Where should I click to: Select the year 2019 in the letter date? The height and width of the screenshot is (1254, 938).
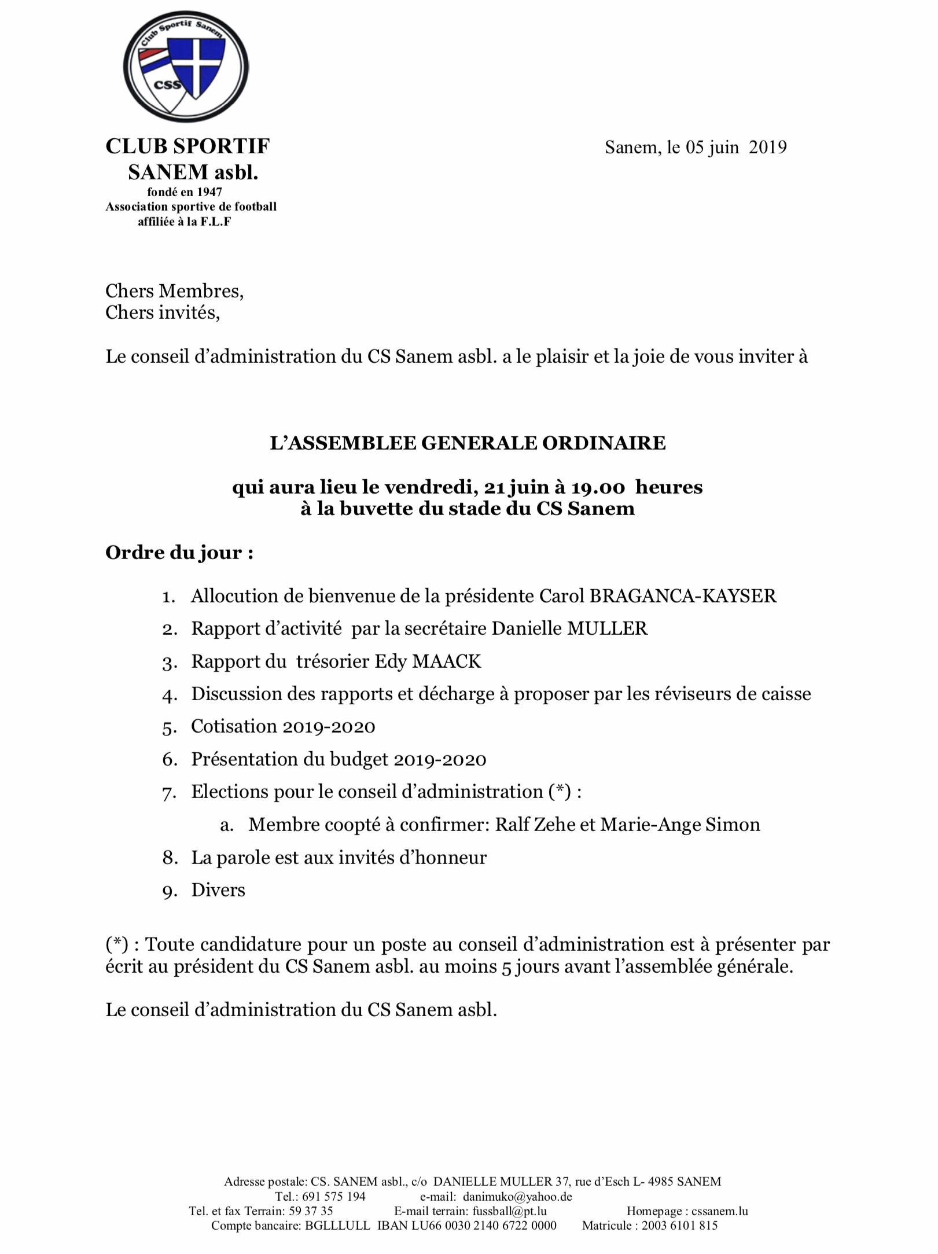click(767, 148)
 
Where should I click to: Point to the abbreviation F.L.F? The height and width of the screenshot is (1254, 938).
click(216, 222)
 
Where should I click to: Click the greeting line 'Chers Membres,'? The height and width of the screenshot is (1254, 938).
click(174, 291)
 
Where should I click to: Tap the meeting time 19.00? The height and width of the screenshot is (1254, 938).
click(598, 487)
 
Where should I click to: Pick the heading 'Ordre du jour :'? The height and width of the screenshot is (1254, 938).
click(179, 553)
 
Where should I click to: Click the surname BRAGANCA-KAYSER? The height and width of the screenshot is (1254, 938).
click(682, 596)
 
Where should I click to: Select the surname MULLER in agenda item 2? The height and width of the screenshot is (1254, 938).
click(607, 629)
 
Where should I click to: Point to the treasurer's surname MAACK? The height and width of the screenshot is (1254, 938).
click(446, 661)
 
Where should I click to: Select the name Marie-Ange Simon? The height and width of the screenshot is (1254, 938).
click(680, 825)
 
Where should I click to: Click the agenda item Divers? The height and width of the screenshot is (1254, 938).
click(218, 890)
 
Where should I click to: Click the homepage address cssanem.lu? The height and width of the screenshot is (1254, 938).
click(719, 1211)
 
